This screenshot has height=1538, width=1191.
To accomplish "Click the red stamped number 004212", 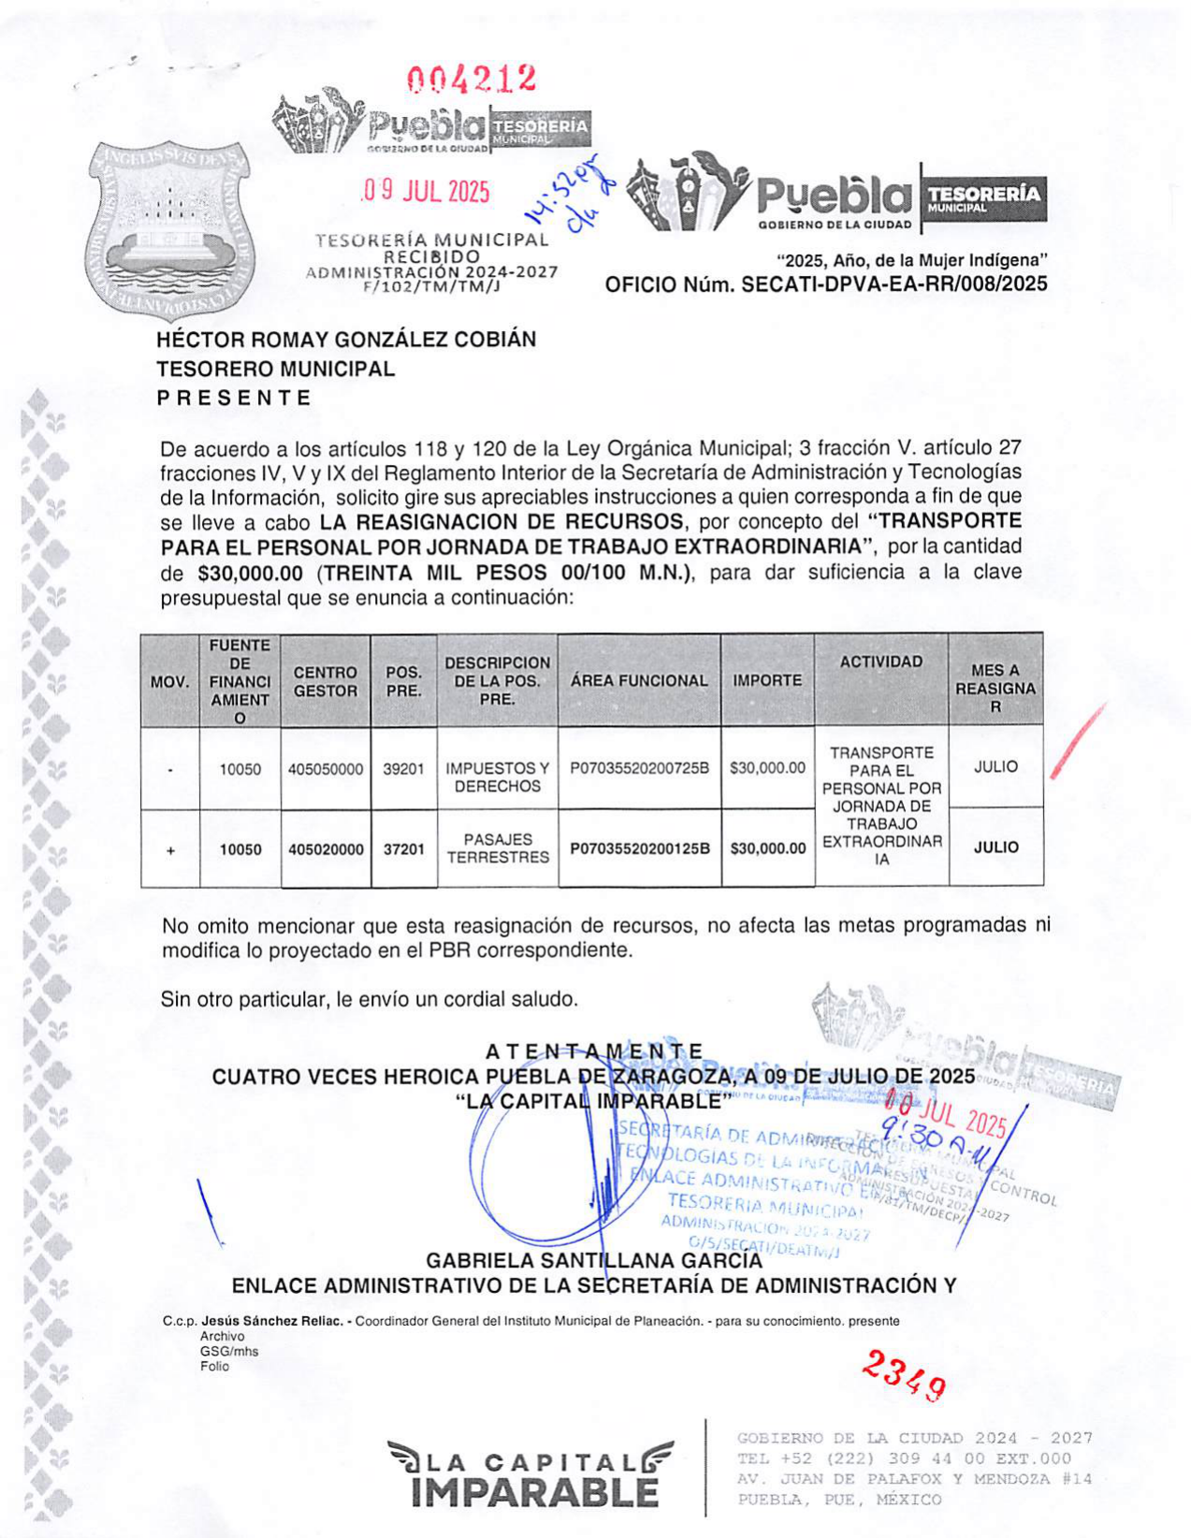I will point(472,79).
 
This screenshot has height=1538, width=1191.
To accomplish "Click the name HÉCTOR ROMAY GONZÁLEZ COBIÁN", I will point(346,340).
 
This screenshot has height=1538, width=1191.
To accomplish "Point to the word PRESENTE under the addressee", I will point(233,398).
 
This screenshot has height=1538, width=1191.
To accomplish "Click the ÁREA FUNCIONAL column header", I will point(639,681).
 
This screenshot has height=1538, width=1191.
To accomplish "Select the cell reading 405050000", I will point(326,769).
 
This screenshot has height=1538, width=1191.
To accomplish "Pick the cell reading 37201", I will point(403,849).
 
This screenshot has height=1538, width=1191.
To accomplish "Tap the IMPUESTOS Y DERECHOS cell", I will point(498,777).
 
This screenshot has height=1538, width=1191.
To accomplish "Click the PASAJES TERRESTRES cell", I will point(498,849).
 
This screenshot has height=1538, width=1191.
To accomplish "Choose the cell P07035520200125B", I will point(640,849).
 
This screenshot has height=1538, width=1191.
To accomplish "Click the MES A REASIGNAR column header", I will point(995,689).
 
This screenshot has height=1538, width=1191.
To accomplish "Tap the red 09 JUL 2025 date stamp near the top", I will point(426,192).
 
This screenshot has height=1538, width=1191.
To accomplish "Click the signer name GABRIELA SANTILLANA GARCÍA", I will point(594,1261).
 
